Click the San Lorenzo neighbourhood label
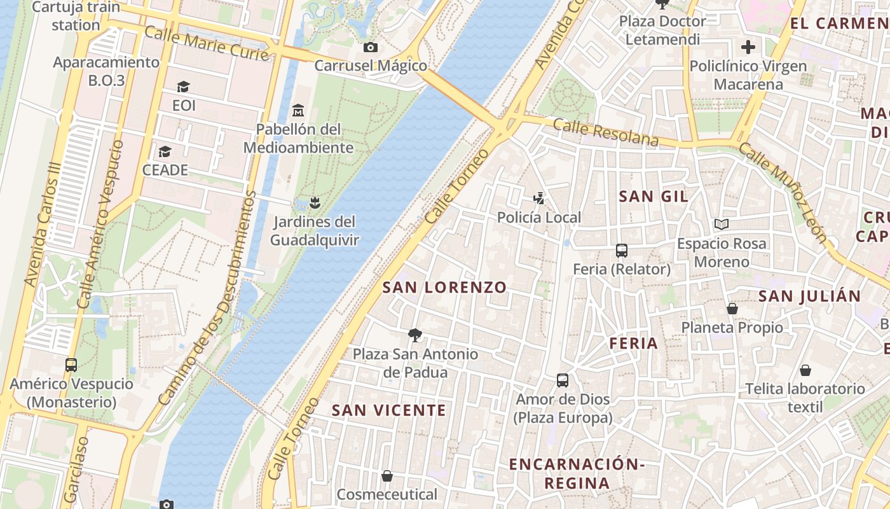[x=444, y=288]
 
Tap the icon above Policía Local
[x=539, y=199]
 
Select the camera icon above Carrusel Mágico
[x=370, y=47]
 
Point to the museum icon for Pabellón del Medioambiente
[x=298, y=111]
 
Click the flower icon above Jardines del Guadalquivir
[x=314, y=203]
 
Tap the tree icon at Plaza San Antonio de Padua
[x=415, y=335]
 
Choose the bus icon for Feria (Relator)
[x=621, y=251]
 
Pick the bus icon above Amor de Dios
[x=563, y=380]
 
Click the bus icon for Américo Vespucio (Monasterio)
[x=71, y=365]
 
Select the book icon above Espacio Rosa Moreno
[x=721, y=224]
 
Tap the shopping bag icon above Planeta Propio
[x=732, y=309]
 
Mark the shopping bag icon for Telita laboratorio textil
[x=805, y=370]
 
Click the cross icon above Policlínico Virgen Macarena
[x=748, y=47]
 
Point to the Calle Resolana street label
[x=605, y=132]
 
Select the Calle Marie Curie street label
[x=207, y=44]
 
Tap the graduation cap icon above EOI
[x=184, y=87]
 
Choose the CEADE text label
[x=165, y=170]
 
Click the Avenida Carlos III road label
[x=42, y=232]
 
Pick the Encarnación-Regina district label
[x=577, y=473]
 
